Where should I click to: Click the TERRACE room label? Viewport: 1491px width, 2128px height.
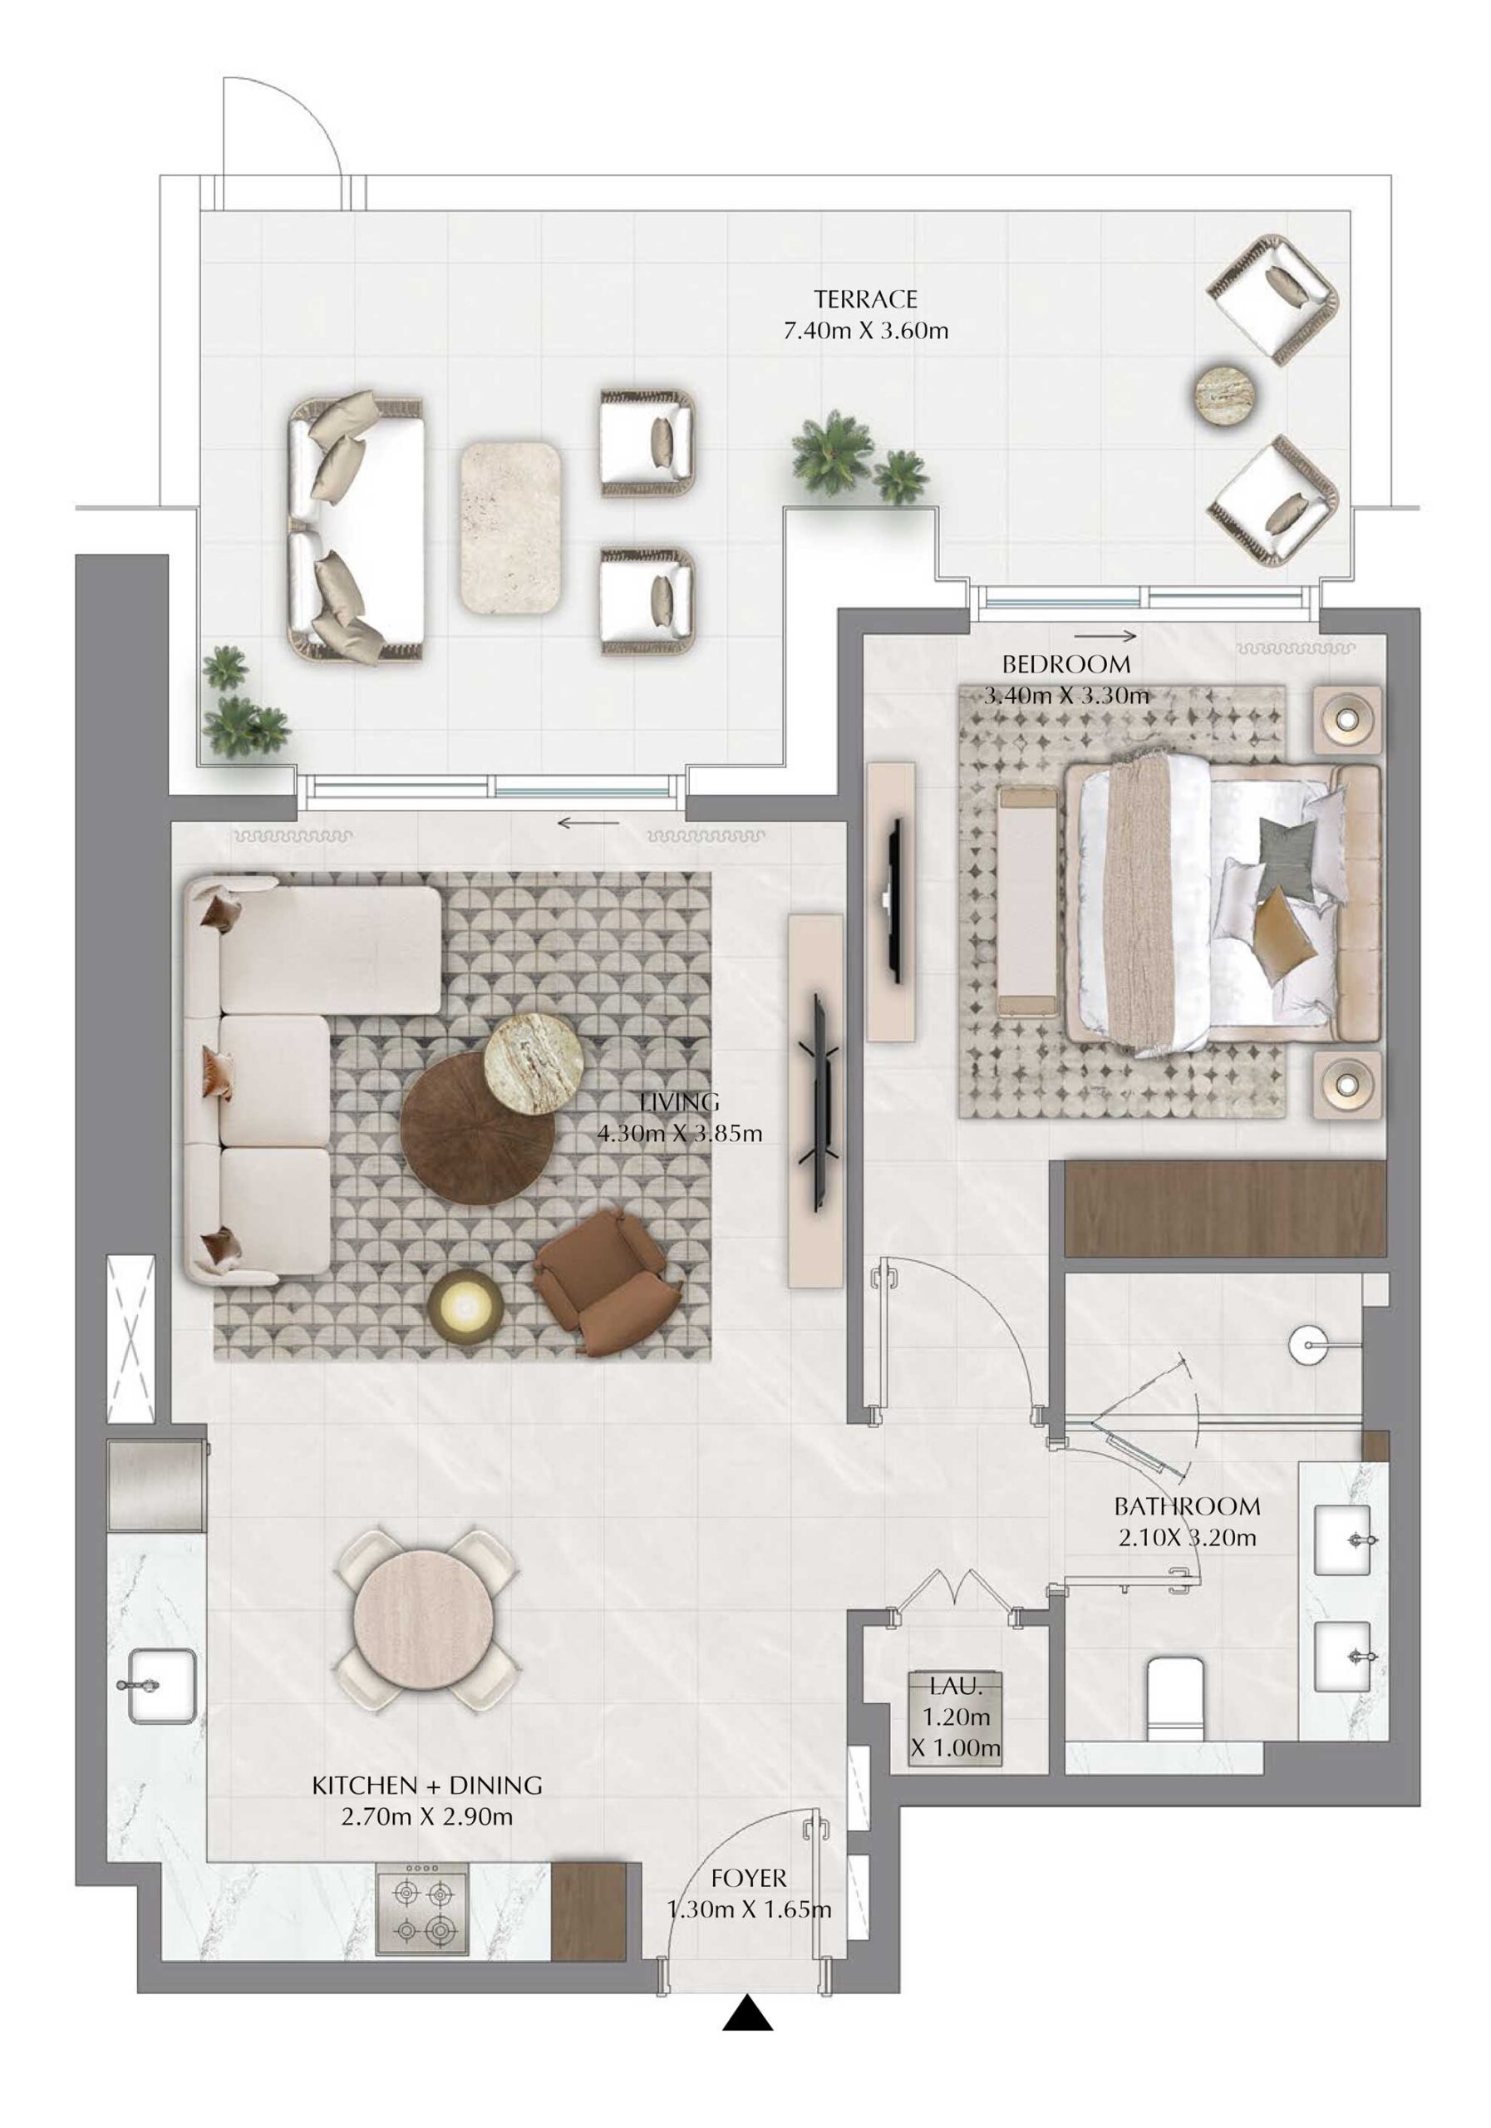coord(864,299)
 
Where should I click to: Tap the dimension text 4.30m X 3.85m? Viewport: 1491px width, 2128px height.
coord(679,1133)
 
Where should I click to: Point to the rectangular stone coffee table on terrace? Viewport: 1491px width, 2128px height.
coord(510,527)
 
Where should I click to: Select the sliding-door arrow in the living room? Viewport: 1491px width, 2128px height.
coord(588,822)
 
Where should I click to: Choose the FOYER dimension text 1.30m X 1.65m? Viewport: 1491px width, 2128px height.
coord(749,1909)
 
